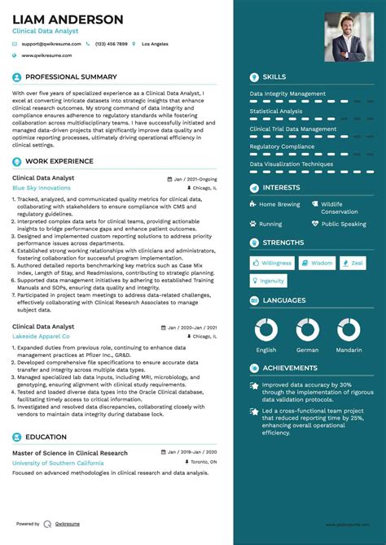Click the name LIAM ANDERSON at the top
coord(68,20)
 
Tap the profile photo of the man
coord(344,37)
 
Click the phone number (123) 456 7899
coord(112,43)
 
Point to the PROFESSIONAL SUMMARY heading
coord(71,77)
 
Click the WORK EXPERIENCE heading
coord(59,161)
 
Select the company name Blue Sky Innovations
coord(42,188)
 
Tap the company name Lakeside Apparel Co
coord(41,336)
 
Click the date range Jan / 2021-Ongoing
coord(195,178)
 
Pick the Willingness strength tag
coord(274,263)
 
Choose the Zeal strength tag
coord(353,263)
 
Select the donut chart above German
coord(307,329)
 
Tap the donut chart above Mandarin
coord(348,329)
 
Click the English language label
coord(266,350)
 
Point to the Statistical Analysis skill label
coord(276,111)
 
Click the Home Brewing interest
coord(279,204)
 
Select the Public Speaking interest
coord(344,224)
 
